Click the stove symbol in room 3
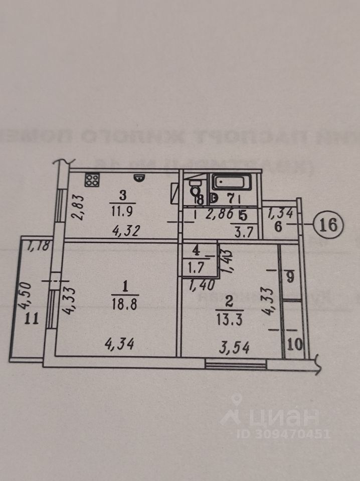(x=92, y=180)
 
